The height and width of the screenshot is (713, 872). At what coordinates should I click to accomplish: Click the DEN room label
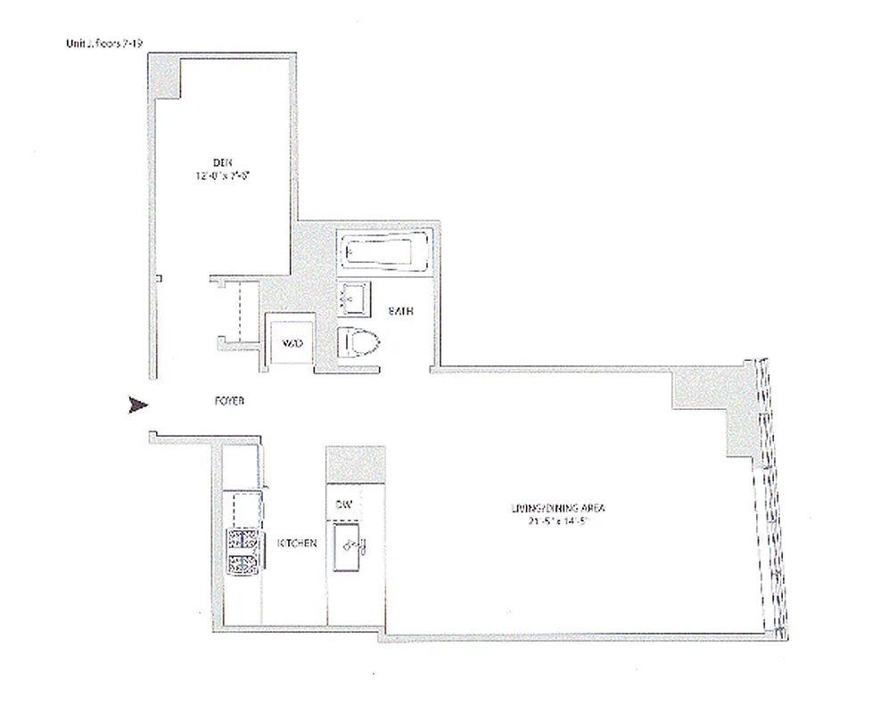coord(221,161)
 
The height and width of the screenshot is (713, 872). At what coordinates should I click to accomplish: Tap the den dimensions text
coord(221,176)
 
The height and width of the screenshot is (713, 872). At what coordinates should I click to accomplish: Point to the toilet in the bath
coord(358,341)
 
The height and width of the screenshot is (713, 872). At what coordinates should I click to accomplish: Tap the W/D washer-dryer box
coord(292,343)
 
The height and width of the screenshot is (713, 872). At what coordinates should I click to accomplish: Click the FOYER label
coord(229,402)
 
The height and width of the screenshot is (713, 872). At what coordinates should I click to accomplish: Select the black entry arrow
coord(137,406)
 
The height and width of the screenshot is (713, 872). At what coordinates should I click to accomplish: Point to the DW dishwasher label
coord(345,504)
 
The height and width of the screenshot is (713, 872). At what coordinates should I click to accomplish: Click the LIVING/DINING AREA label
coord(553,508)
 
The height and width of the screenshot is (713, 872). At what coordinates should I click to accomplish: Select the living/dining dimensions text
coord(553,522)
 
